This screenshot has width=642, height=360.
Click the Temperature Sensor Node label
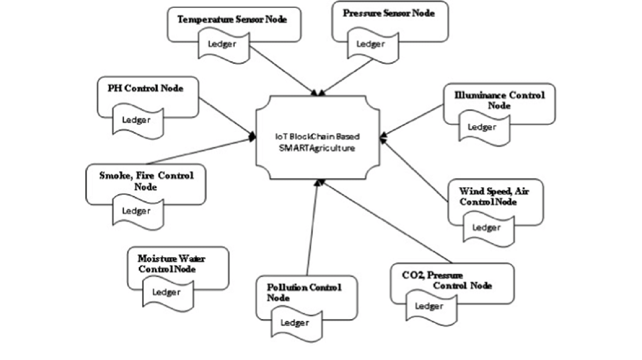tap(232, 19)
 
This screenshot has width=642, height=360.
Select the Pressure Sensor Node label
tap(388, 13)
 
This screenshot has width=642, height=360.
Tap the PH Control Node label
tap(145, 88)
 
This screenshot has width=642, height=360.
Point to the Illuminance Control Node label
tap(499, 100)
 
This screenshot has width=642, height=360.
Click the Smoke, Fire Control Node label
tap(147, 181)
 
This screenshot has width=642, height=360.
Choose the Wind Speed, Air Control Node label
tap(494, 196)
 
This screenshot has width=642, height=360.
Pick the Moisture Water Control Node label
tap(171, 264)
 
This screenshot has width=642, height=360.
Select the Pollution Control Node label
tap(304, 293)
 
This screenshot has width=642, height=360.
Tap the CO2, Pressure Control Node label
tap(446, 280)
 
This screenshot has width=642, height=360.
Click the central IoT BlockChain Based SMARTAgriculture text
tap(317, 143)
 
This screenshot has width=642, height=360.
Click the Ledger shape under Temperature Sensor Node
tap(224, 46)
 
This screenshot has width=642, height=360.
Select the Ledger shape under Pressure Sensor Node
tap(373, 45)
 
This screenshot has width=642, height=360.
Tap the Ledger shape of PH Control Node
tap(138, 121)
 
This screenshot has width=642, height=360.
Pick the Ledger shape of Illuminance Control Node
tap(484, 128)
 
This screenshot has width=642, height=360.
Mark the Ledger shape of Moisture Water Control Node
tap(168, 293)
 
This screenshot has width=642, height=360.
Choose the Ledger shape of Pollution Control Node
tap(296, 324)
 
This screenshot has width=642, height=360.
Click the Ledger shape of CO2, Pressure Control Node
tap(431, 307)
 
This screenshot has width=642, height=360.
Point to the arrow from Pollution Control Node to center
tap(314, 227)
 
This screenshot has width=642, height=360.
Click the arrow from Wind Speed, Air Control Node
tap(415, 169)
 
